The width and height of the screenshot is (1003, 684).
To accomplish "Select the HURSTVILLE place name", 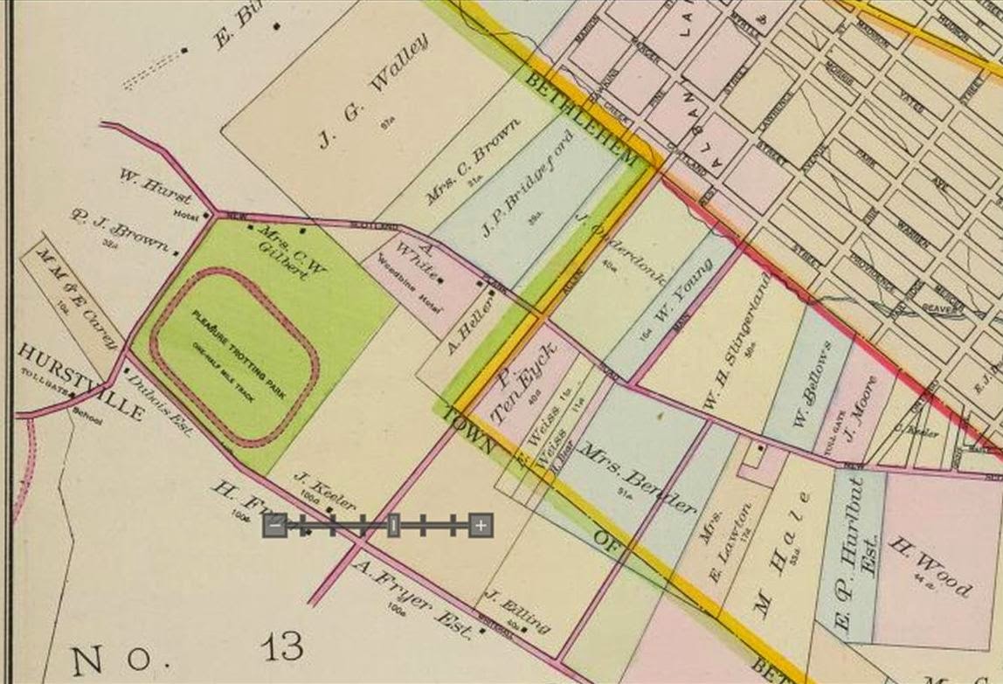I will pos(79,382).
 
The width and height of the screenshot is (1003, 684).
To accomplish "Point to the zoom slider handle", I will pos(394,525).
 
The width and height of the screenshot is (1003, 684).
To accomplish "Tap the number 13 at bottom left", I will pos(281,647).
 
